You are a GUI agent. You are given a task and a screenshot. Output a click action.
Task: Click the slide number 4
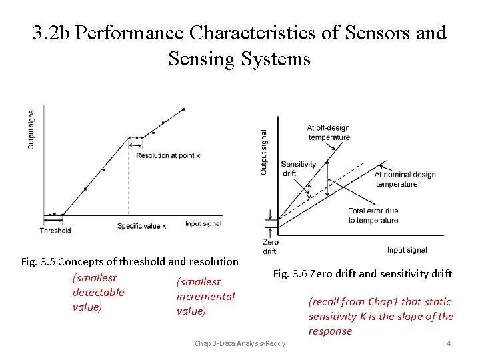click(x=449, y=343)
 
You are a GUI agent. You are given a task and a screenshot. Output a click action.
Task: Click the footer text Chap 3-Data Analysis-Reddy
click(x=239, y=343)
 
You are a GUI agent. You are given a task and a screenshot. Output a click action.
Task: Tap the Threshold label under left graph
click(x=55, y=231)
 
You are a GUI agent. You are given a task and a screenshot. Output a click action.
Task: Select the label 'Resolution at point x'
click(x=168, y=155)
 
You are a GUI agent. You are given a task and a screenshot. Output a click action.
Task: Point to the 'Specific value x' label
click(x=142, y=226)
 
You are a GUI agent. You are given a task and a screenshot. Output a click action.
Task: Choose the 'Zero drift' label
click(x=270, y=247)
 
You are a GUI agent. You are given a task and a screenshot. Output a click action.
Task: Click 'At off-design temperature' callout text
click(x=328, y=132)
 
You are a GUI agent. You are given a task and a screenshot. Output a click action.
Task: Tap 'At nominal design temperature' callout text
click(x=405, y=179)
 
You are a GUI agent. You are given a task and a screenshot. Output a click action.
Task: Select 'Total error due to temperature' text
click(x=373, y=215)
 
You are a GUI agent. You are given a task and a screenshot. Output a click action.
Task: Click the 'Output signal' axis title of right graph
click(x=263, y=153)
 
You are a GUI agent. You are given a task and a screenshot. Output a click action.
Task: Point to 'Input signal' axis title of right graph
click(x=407, y=250)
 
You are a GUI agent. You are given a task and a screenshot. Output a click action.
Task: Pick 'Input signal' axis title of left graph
click(x=203, y=224)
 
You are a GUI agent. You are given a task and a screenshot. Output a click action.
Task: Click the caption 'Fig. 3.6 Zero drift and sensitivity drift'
click(x=362, y=273)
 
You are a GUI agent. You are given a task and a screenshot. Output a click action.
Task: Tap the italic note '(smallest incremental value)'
click(x=205, y=297)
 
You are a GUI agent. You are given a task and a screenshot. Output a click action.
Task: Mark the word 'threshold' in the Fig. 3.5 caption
click(x=142, y=261)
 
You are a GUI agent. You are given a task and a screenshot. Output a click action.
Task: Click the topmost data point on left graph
click(x=184, y=109)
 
